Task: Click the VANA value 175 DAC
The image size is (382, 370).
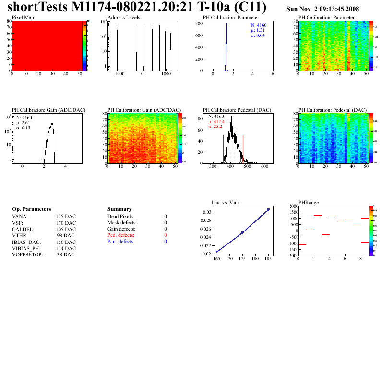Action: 66,216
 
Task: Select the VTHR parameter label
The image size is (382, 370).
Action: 20,235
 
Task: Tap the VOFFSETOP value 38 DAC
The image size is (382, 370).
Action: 66,254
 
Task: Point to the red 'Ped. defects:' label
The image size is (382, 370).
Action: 121,235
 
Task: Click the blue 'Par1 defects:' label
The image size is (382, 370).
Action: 121,242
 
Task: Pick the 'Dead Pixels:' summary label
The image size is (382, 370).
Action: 121,217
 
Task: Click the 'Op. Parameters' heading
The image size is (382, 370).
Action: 31,209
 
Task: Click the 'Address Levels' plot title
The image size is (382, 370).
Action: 124,18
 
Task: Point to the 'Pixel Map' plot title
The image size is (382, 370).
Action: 23,18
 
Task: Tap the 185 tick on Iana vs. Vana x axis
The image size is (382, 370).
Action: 268,259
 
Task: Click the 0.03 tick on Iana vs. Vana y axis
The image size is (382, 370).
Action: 206,212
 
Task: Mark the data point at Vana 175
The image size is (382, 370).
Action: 242,232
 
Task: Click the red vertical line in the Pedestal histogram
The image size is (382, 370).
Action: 243,149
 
